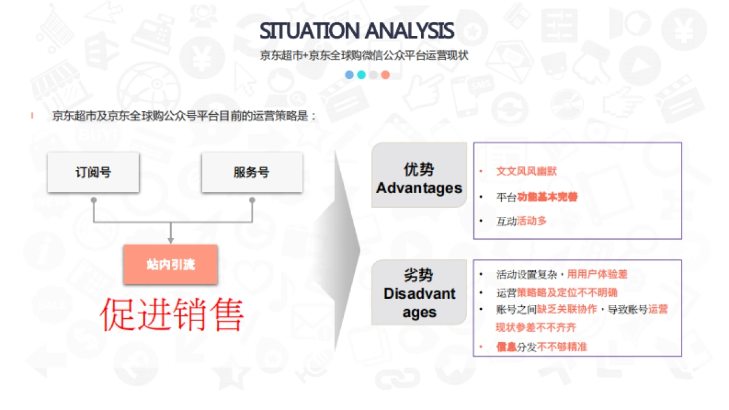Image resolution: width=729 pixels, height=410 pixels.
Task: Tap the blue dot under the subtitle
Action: point(349,75)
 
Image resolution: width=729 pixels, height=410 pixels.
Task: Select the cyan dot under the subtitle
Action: point(361,75)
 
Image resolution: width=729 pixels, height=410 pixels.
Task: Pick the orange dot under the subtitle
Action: point(385,75)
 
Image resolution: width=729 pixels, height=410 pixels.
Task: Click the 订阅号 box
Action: point(94,173)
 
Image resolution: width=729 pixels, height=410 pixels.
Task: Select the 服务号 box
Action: point(252,173)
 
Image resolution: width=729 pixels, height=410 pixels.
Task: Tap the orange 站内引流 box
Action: point(170,265)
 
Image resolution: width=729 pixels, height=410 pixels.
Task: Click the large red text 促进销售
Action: point(172,315)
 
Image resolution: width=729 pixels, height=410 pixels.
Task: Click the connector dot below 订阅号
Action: point(93,199)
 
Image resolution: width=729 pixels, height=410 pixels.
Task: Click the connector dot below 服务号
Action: point(252,199)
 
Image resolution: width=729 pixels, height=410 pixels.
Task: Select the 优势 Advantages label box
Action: point(419,179)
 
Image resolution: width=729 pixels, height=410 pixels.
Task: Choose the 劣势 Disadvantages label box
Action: point(419,294)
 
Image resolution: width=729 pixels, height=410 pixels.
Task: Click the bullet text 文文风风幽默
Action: point(526,171)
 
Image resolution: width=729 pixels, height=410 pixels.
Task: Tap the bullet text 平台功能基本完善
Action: point(536,197)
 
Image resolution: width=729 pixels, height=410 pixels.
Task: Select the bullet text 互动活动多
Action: point(521,221)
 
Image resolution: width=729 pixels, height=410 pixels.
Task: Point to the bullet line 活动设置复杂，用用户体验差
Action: point(561,275)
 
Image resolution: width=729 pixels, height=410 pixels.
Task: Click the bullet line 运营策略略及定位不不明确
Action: point(556,292)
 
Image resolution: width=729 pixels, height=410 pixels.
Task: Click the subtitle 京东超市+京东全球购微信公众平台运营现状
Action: point(364,55)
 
